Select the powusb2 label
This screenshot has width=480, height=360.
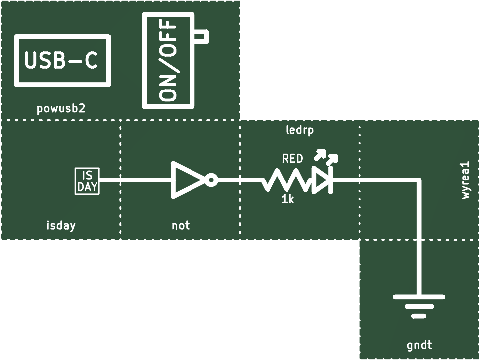coord(61,109)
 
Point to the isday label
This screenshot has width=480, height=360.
coord(61,225)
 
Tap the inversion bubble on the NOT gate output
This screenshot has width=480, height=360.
coord(211,180)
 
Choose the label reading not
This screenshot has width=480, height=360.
coord(181,226)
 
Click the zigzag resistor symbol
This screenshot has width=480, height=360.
coord(287,180)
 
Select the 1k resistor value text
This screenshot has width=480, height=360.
coord(288,199)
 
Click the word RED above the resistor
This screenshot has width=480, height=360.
coord(292,158)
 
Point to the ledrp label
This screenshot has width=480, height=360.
coord(299,130)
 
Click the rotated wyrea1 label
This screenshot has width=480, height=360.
coord(465,181)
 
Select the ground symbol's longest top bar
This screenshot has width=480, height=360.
coord(419,297)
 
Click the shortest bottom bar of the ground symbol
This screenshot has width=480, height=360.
coord(419,316)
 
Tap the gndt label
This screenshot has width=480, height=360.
coord(419,345)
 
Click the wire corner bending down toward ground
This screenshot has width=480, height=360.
coord(419,181)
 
